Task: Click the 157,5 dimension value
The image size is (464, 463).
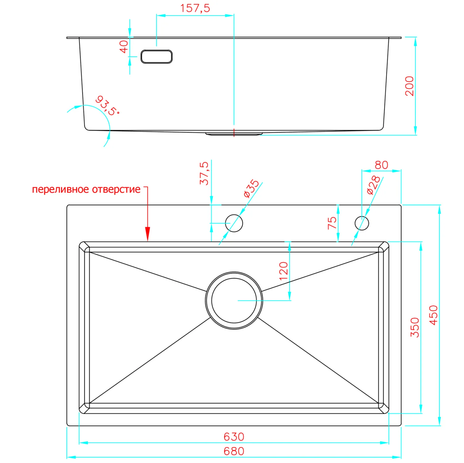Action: click(195, 8)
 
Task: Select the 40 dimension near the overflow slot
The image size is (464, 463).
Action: click(124, 47)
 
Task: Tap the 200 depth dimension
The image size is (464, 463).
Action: click(409, 86)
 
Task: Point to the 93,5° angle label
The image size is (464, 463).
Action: click(107, 106)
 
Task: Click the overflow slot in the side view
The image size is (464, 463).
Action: click(157, 57)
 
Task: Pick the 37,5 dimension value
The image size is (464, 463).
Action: click(204, 173)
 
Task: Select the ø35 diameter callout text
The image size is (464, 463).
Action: click(251, 188)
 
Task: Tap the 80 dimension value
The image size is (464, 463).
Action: click(381, 165)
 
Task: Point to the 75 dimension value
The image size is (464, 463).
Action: click(332, 223)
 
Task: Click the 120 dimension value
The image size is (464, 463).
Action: click(283, 271)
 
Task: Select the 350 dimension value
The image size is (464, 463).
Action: click(415, 327)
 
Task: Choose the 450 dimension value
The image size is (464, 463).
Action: click(434, 315)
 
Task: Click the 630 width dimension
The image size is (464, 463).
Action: click(234, 437)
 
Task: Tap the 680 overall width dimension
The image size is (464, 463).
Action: click(234, 451)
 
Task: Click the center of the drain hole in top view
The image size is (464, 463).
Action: click(234, 301)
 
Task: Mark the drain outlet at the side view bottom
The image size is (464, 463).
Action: click(234, 134)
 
